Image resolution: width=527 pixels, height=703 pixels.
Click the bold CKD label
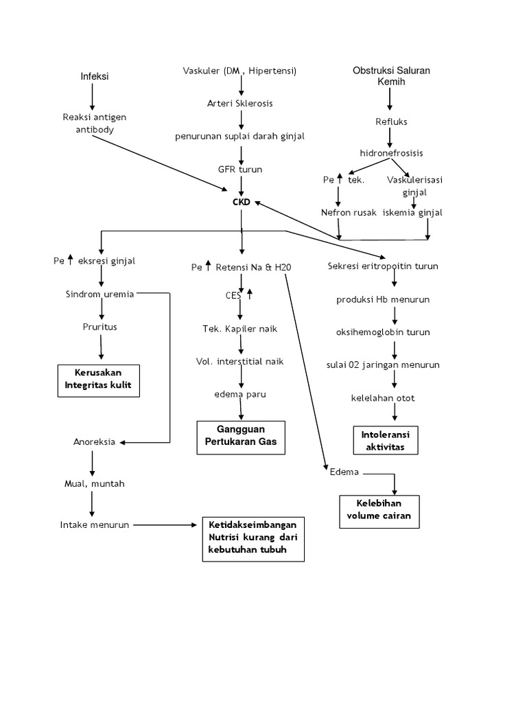click(x=242, y=202)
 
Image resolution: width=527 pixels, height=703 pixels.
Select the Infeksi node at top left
click(x=95, y=76)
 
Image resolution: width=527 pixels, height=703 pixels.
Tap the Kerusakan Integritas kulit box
click(x=98, y=381)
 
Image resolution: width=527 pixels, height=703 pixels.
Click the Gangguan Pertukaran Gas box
click(x=241, y=437)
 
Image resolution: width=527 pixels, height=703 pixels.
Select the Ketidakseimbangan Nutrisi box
click(x=253, y=538)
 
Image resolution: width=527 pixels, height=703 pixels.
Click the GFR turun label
click(x=240, y=169)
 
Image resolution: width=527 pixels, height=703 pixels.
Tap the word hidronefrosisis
click(x=391, y=152)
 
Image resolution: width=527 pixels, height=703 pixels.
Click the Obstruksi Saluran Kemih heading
click(x=391, y=76)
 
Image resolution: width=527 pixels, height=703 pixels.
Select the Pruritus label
click(x=99, y=327)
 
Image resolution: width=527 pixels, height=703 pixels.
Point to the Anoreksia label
click(x=95, y=441)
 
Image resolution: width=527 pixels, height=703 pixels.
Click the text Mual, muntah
click(x=91, y=483)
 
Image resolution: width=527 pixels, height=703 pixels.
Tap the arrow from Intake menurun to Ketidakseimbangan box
click(x=165, y=525)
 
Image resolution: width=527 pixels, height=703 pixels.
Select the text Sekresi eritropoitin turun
click(x=383, y=266)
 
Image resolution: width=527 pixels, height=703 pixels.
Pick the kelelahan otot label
click(x=392, y=398)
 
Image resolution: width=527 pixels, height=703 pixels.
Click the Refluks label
click(x=391, y=122)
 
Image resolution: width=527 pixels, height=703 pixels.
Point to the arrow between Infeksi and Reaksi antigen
click(x=93, y=96)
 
